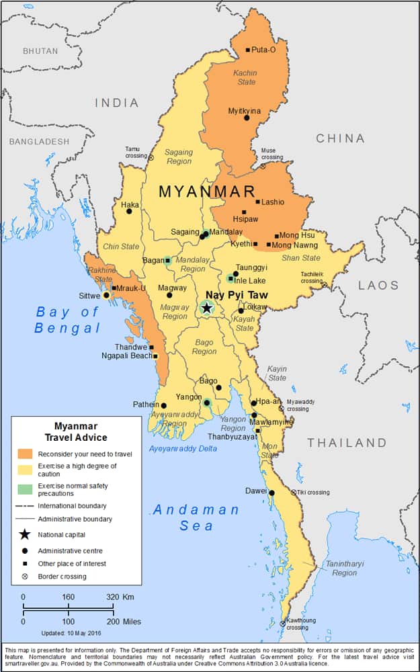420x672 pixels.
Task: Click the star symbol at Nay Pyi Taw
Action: pyautogui.click(x=207, y=308)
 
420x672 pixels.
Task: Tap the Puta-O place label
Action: pyautogui.click(x=263, y=50)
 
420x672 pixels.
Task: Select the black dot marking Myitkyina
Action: pyautogui.click(x=247, y=118)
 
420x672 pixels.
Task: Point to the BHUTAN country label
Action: pyautogui.click(x=40, y=51)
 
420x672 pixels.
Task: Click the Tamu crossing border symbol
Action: pyautogui.click(x=151, y=157)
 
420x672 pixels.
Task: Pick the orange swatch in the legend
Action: pyautogui.click(x=25, y=454)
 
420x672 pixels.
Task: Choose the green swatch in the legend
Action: pyautogui.click(x=25, y=489)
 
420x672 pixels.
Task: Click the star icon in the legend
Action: pyautogui.click(x=25, y=535)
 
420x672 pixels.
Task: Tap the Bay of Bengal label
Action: pyautogui.click(x=67, y=320)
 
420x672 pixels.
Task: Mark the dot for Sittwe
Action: pyautogui.click(x=106, y=295)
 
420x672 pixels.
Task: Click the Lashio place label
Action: pyautogui.click(x=272, y=202)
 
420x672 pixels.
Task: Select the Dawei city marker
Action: pyautogui.click(x=271, y=493)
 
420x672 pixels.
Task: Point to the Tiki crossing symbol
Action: pyautogui.click(x=293, y=493)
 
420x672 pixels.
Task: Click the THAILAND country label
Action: pyautogui.click(x=347, y=443)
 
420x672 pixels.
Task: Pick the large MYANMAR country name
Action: pyautogui.click(x=207, y=192)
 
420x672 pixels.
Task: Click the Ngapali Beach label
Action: pyautogui.click(x=127, y=355)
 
